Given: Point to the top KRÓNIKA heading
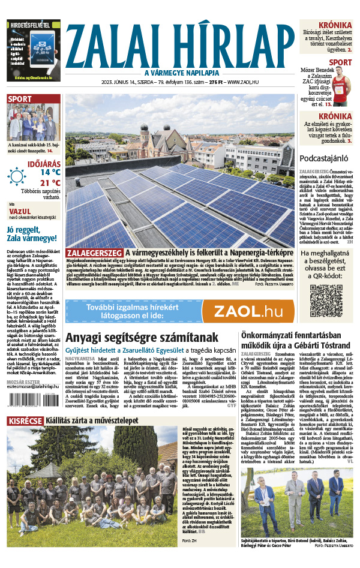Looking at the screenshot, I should pyautogui.click(x=336, y=25).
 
